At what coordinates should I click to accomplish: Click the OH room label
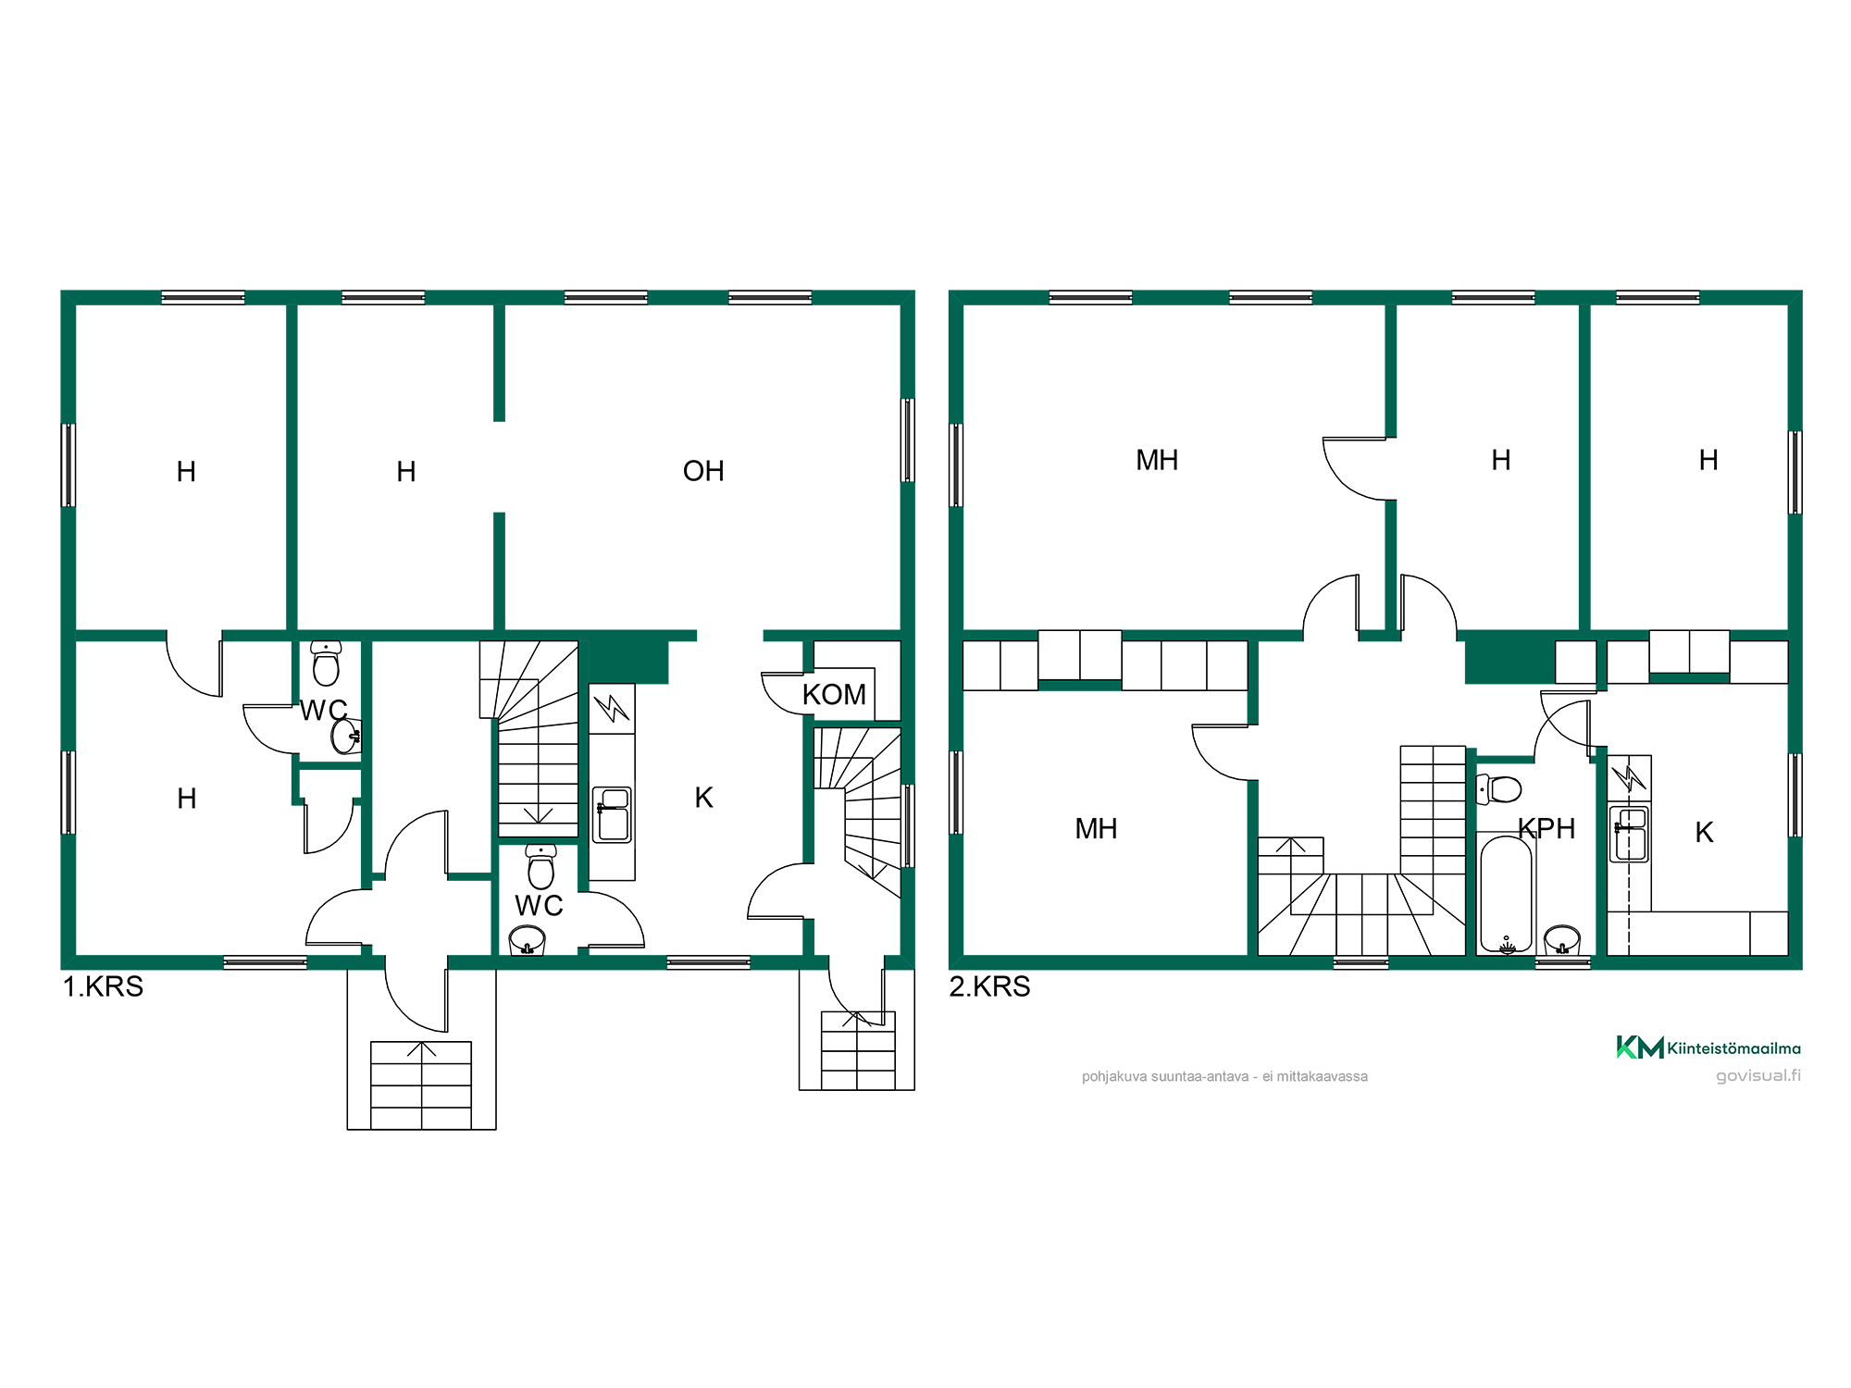click(703, 471)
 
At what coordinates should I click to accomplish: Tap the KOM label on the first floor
click(834, 694)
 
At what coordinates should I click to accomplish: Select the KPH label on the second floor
click(1547, 828)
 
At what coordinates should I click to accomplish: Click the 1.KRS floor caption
click(103, 986)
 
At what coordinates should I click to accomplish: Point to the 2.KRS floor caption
click(989, 986)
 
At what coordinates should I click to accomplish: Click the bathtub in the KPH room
click(1506, 893)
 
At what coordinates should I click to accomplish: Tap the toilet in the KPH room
click(1499, 789)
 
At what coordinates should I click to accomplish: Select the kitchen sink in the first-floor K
click(612, 814)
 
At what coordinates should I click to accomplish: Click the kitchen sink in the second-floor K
click(1629, 834)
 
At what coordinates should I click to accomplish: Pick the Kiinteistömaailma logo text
click(1733, 1048)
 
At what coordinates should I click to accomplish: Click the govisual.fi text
click(1758, 1075)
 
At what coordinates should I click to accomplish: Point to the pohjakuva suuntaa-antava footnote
click(1224, 1076)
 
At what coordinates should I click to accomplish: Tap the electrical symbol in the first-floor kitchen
click(612, 708)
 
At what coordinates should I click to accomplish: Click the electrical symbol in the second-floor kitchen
click(1629, 777)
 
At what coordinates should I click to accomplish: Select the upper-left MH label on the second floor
click(1157, 460)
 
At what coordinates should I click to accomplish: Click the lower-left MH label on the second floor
click(1096, 828)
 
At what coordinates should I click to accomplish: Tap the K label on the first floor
click(704, 798)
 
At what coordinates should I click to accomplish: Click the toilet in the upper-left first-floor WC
click(326, 663)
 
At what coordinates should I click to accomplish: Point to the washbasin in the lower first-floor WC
click(528, 941)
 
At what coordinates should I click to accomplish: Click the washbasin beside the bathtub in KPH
click(1562, 940)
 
